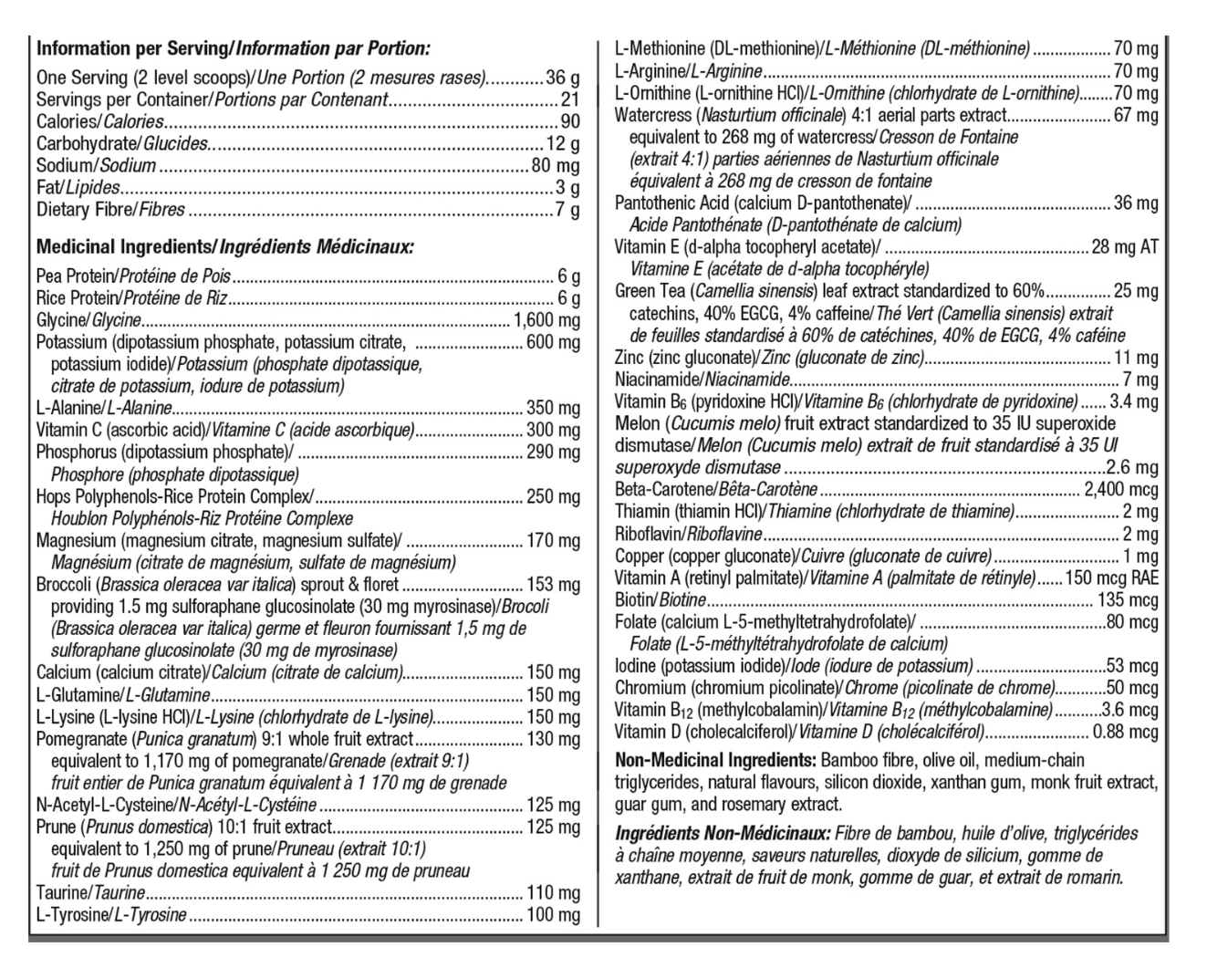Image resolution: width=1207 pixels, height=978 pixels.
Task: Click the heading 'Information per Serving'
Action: click(130, 49)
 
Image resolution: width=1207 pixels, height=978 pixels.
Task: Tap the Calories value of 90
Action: click(570, 121)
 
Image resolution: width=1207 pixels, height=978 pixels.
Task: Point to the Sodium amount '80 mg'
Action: click(556, 166)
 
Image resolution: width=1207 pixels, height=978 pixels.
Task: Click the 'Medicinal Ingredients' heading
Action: click(124, 247)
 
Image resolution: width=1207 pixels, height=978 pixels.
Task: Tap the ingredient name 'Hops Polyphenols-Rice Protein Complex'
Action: click(172, 497)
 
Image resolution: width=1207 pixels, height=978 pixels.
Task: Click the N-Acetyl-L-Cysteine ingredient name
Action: click(104, 805)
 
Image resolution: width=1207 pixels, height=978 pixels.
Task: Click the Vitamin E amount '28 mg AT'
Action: click(1124, 247)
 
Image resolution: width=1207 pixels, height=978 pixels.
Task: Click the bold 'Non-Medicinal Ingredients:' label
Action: click(715, 761)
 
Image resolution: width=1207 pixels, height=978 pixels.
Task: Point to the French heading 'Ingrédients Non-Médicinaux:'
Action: click(723, 834)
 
